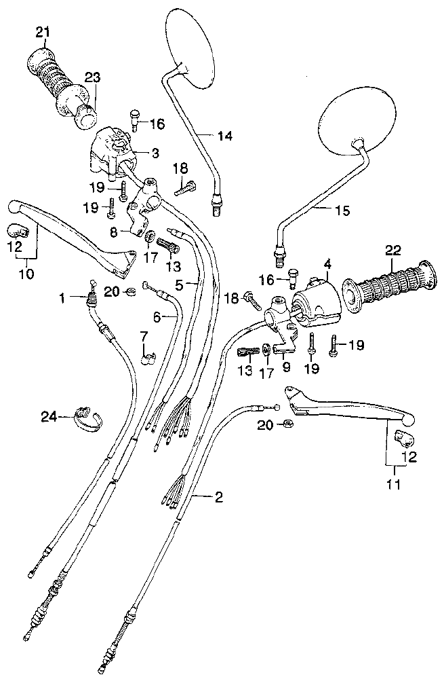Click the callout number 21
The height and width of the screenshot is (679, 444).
coord(43,32)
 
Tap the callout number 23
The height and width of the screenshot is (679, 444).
coord(92,78)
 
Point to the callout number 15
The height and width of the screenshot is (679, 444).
coord(342,210)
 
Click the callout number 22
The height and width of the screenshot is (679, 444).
coord(393,251)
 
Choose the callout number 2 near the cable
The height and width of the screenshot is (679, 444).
coord(219,497)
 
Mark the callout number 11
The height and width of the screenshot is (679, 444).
coord(393,484)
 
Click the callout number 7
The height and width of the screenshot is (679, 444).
coord(144,335)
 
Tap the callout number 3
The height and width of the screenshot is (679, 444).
coord(155,153)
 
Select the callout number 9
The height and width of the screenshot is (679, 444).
coord(286,367)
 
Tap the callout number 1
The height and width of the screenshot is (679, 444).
coord(62,298)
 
